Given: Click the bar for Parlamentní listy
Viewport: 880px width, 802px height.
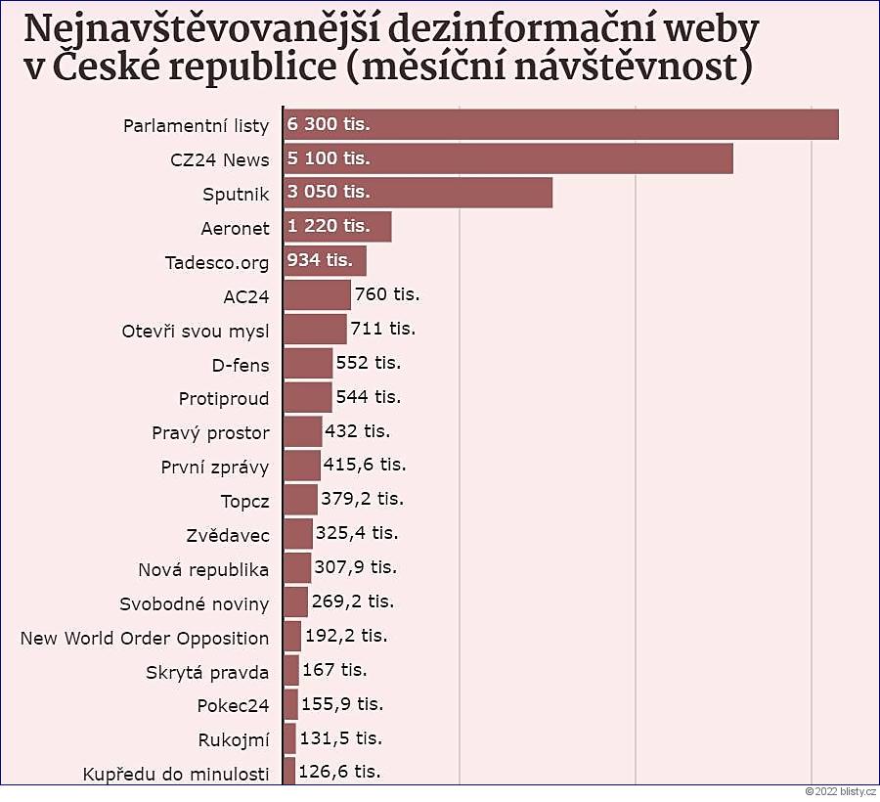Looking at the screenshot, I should click(x=561, y=124).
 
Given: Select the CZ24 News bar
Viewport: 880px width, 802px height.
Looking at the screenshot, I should click(x=508, y=158).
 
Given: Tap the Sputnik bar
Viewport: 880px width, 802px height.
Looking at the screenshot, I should click(x=418, y=193).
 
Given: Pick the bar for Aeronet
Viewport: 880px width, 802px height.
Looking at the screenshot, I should click(x=337, y=227).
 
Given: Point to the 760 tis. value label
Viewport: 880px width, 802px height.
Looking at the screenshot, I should click(x=387, y=293).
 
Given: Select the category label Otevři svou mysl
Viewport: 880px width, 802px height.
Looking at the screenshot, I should click(x=196, y=330).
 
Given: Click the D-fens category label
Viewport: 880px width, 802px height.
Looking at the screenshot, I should click(x=241, y=365).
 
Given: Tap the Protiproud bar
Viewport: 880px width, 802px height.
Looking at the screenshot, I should click(x=308, y=397).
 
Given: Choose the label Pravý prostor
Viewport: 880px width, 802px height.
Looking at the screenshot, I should click(x=210, y=432).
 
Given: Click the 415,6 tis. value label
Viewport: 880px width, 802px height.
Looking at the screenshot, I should click(x=365, y=465).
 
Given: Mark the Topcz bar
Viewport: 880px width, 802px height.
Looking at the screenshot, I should click(x=300, y=500).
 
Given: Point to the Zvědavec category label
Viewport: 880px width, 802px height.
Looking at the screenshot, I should click(x=228, y=535).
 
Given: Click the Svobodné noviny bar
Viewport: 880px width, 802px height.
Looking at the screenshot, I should click(x=295, y=601).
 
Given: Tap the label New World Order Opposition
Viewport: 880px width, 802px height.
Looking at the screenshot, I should click(x=145, y=638).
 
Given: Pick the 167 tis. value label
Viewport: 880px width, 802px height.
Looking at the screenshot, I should click(x=335, y=670).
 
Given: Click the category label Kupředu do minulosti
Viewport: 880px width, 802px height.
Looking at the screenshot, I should click(x=177, y=775).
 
